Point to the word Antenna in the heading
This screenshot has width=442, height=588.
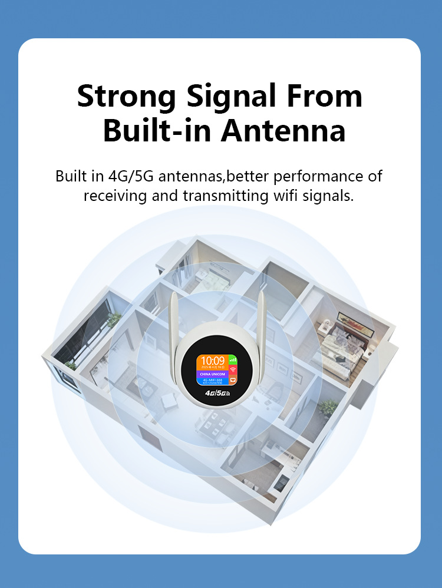pyautogui.click(x=283, y=131)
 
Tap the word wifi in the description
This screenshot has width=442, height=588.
pyautogui.click(x=278, y=196)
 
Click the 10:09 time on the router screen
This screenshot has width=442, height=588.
pyautogui.click(x=213, y=361)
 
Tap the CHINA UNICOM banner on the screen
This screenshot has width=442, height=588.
pyautogui.click(x=213, y=373)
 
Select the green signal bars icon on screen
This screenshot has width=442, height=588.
pyautogui.click(x=233, y=358)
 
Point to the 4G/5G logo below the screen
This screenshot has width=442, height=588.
pyautogui.click(x=217, y=392)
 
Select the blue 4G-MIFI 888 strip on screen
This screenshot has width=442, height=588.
pyautogui.click(x=213, y=381)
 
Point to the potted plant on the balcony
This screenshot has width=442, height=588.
pyautogui.click(x=113, y=319)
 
